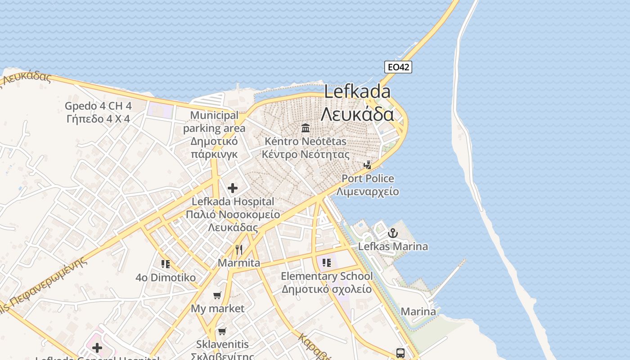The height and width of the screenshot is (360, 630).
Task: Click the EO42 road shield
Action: coord(398,67)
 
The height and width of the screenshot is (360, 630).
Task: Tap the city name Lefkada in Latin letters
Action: coord(357,92)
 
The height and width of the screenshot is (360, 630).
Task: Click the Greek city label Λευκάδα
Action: coord(357,114)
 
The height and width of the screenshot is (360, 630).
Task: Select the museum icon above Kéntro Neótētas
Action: coord(306,128)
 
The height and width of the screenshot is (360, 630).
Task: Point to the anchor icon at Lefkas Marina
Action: coord(393,233)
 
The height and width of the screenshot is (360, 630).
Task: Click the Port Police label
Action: coord(368,179)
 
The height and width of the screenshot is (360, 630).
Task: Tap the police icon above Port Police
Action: coord(368,165)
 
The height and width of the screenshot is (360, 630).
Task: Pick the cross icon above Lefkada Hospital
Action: coord(233,188)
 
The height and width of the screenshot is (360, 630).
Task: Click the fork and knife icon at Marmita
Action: coord(239,249)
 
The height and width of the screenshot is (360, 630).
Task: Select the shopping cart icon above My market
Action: coord(217,295)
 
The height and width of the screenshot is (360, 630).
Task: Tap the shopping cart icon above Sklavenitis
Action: coord(222,332)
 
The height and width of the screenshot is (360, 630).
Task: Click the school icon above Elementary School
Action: coord(327,262)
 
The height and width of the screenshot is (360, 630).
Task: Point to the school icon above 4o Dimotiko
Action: coord(166,264)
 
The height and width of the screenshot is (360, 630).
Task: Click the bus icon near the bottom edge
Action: coord(400,353)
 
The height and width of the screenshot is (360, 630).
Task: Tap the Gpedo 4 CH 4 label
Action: coord(98,106)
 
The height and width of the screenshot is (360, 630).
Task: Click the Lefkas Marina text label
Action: coord(393,247)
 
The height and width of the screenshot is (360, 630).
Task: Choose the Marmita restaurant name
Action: coord(239,263)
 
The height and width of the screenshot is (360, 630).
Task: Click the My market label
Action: coord(218,309)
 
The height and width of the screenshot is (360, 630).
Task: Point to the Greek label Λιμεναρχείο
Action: coord(368,191)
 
